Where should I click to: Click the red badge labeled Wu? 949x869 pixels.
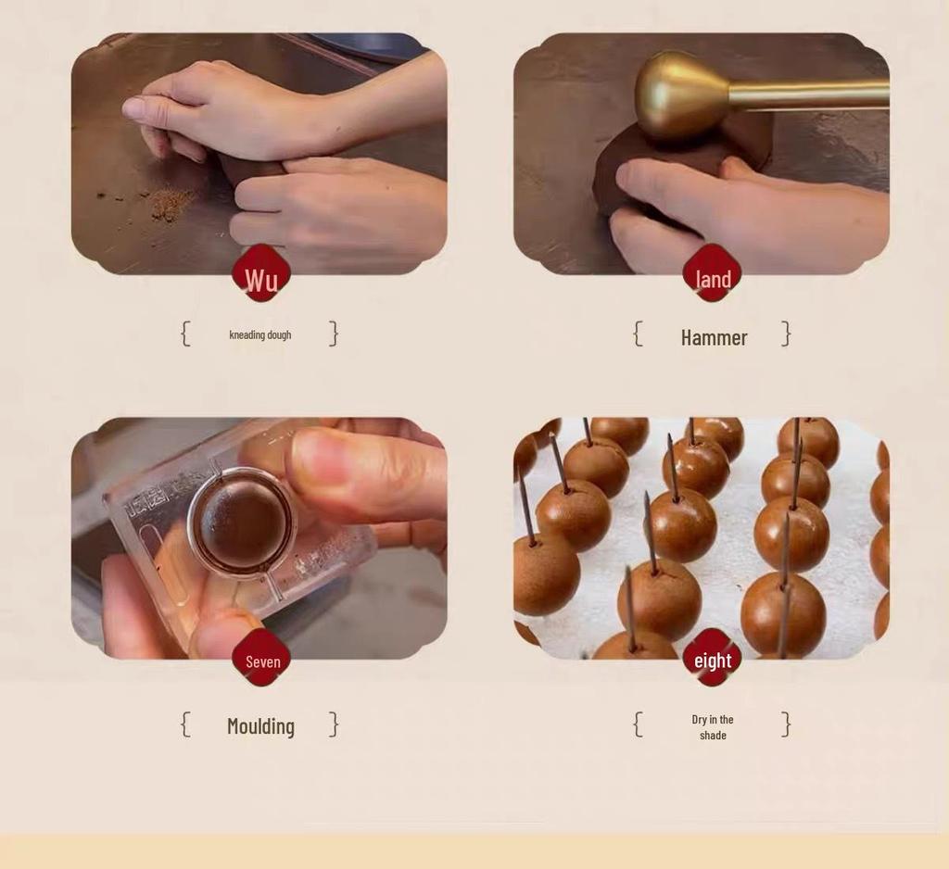point(260,274)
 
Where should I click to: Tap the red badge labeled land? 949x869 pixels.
point(713,274)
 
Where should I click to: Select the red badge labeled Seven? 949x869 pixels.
point(261,660)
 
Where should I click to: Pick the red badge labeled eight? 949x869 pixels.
point(713,659)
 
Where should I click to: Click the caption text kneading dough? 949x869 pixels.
point(260,334)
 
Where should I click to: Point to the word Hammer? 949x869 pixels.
point(714,337)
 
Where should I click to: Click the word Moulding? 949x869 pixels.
point(260,726)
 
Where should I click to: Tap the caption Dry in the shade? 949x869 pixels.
point(713,727)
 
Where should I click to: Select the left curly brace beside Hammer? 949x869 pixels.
point(638,334)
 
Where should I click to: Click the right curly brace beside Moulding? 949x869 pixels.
point(334,724)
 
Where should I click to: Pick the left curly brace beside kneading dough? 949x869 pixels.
point(185,334)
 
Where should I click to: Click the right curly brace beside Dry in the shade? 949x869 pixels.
point(786,724)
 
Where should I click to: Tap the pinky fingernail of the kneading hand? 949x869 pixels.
point(133,108)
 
